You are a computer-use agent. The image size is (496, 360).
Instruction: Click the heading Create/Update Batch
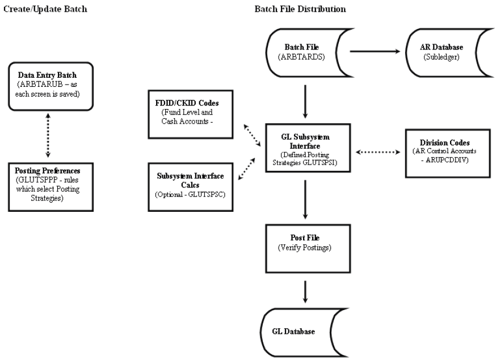pyautogui.click(x=45, y=9)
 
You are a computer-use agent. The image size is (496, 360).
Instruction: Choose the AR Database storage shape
pyautogui.click(x=440, y=50)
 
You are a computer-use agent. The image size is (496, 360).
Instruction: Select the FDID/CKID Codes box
pyautogui.click(x=191, y=114)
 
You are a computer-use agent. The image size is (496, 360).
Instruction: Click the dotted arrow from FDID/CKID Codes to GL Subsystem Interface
pyautogui.click(x=251, y=135)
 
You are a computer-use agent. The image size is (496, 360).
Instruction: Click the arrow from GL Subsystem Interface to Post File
pyautogui.click(x=306, y=199)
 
